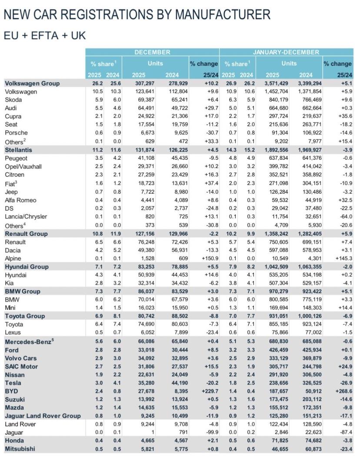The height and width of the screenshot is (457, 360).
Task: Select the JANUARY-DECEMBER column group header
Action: [287, 53]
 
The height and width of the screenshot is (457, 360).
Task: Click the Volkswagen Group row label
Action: [32, 84]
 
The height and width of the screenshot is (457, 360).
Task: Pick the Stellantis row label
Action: [19, 149]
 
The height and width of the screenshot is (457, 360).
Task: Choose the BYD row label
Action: [12, 391]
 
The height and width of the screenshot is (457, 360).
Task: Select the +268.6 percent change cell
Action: [342, 391]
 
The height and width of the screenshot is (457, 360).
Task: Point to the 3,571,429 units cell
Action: [276, 84]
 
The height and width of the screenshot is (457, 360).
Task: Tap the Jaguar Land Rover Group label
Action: [42, 416]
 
